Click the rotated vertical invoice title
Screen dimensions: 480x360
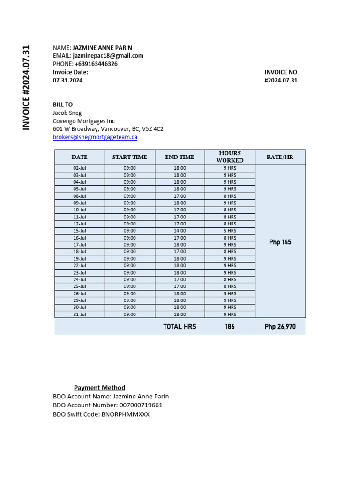tap(26, 88)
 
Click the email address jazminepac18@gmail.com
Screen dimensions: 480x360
tap(108, 56)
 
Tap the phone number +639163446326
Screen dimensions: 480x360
tap(96, 64)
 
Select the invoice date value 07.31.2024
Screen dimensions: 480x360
tap(67, 80)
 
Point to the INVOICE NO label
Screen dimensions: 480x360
tap(281, 72)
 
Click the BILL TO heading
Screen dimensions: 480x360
tap(63, 105)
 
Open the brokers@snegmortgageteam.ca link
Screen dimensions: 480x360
tap(95, 137)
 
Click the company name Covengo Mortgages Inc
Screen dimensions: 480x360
tap(83, 121)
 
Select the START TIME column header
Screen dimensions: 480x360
tap(129, 157)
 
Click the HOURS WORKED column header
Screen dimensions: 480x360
tap(230, 157)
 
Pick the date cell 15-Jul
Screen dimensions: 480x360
tap(80, 231)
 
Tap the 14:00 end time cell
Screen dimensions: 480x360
tap(180, 231)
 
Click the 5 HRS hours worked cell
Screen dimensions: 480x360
tap(230, 231)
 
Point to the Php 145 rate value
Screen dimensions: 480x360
tap(280, 242)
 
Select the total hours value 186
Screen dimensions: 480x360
tap(230, 327)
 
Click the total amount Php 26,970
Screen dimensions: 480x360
tap(280, 327)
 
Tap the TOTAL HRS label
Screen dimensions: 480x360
tap(180, 327)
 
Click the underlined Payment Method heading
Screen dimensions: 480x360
tap(100, 388)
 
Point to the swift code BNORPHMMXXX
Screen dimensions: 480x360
tap(126, 414)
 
